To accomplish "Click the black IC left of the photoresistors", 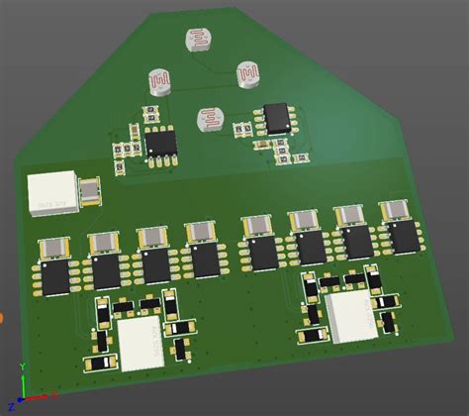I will tap(161, 145).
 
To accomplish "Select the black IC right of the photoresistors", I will tap(278, 118).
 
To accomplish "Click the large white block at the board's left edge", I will tap(52, 192).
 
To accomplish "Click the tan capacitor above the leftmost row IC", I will tap(52, 247).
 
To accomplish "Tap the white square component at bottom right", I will tap(349, 317).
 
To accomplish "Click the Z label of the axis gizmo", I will tap(9, 377).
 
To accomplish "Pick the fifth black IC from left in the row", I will tap(264, 254).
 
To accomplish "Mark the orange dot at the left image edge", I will tap(3, 319).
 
